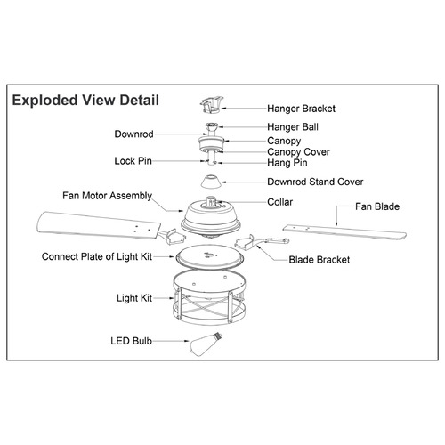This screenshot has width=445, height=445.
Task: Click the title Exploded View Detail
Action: [85, 101]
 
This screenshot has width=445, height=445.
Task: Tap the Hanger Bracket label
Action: [301, 109]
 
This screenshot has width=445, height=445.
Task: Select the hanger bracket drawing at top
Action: [212, 105]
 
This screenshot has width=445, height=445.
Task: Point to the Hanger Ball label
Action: [293, 127]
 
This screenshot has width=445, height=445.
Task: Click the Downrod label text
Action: [133, 134]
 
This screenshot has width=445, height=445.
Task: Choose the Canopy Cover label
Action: [298, 152]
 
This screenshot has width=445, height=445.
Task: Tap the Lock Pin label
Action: [133, 161]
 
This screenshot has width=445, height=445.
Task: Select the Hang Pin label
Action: [287, 163]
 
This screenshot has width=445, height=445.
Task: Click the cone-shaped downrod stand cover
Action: [211, 182]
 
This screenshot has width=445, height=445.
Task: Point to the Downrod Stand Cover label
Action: [315, 182]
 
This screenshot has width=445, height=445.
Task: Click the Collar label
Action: [279, 202]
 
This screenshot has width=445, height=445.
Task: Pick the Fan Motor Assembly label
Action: [107, 196]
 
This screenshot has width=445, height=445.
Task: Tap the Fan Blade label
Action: [377, 206]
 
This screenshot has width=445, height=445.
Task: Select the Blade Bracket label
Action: [320, 260]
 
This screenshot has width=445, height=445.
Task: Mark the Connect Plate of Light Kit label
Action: [97, 256]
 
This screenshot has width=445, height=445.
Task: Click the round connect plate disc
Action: [210, 257]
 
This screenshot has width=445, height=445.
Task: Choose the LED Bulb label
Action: [131, 341]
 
